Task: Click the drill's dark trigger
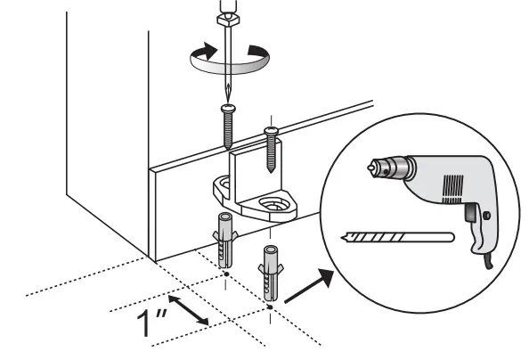[469, 213]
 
